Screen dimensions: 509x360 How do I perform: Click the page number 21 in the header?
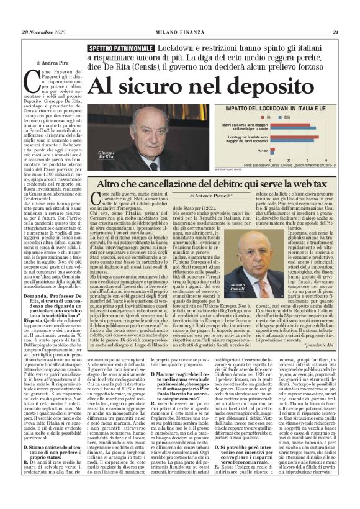pos(335,33)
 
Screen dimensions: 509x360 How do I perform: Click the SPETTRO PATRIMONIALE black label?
pos(121,48)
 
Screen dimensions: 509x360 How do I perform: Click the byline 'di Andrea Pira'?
pos(54,63)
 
